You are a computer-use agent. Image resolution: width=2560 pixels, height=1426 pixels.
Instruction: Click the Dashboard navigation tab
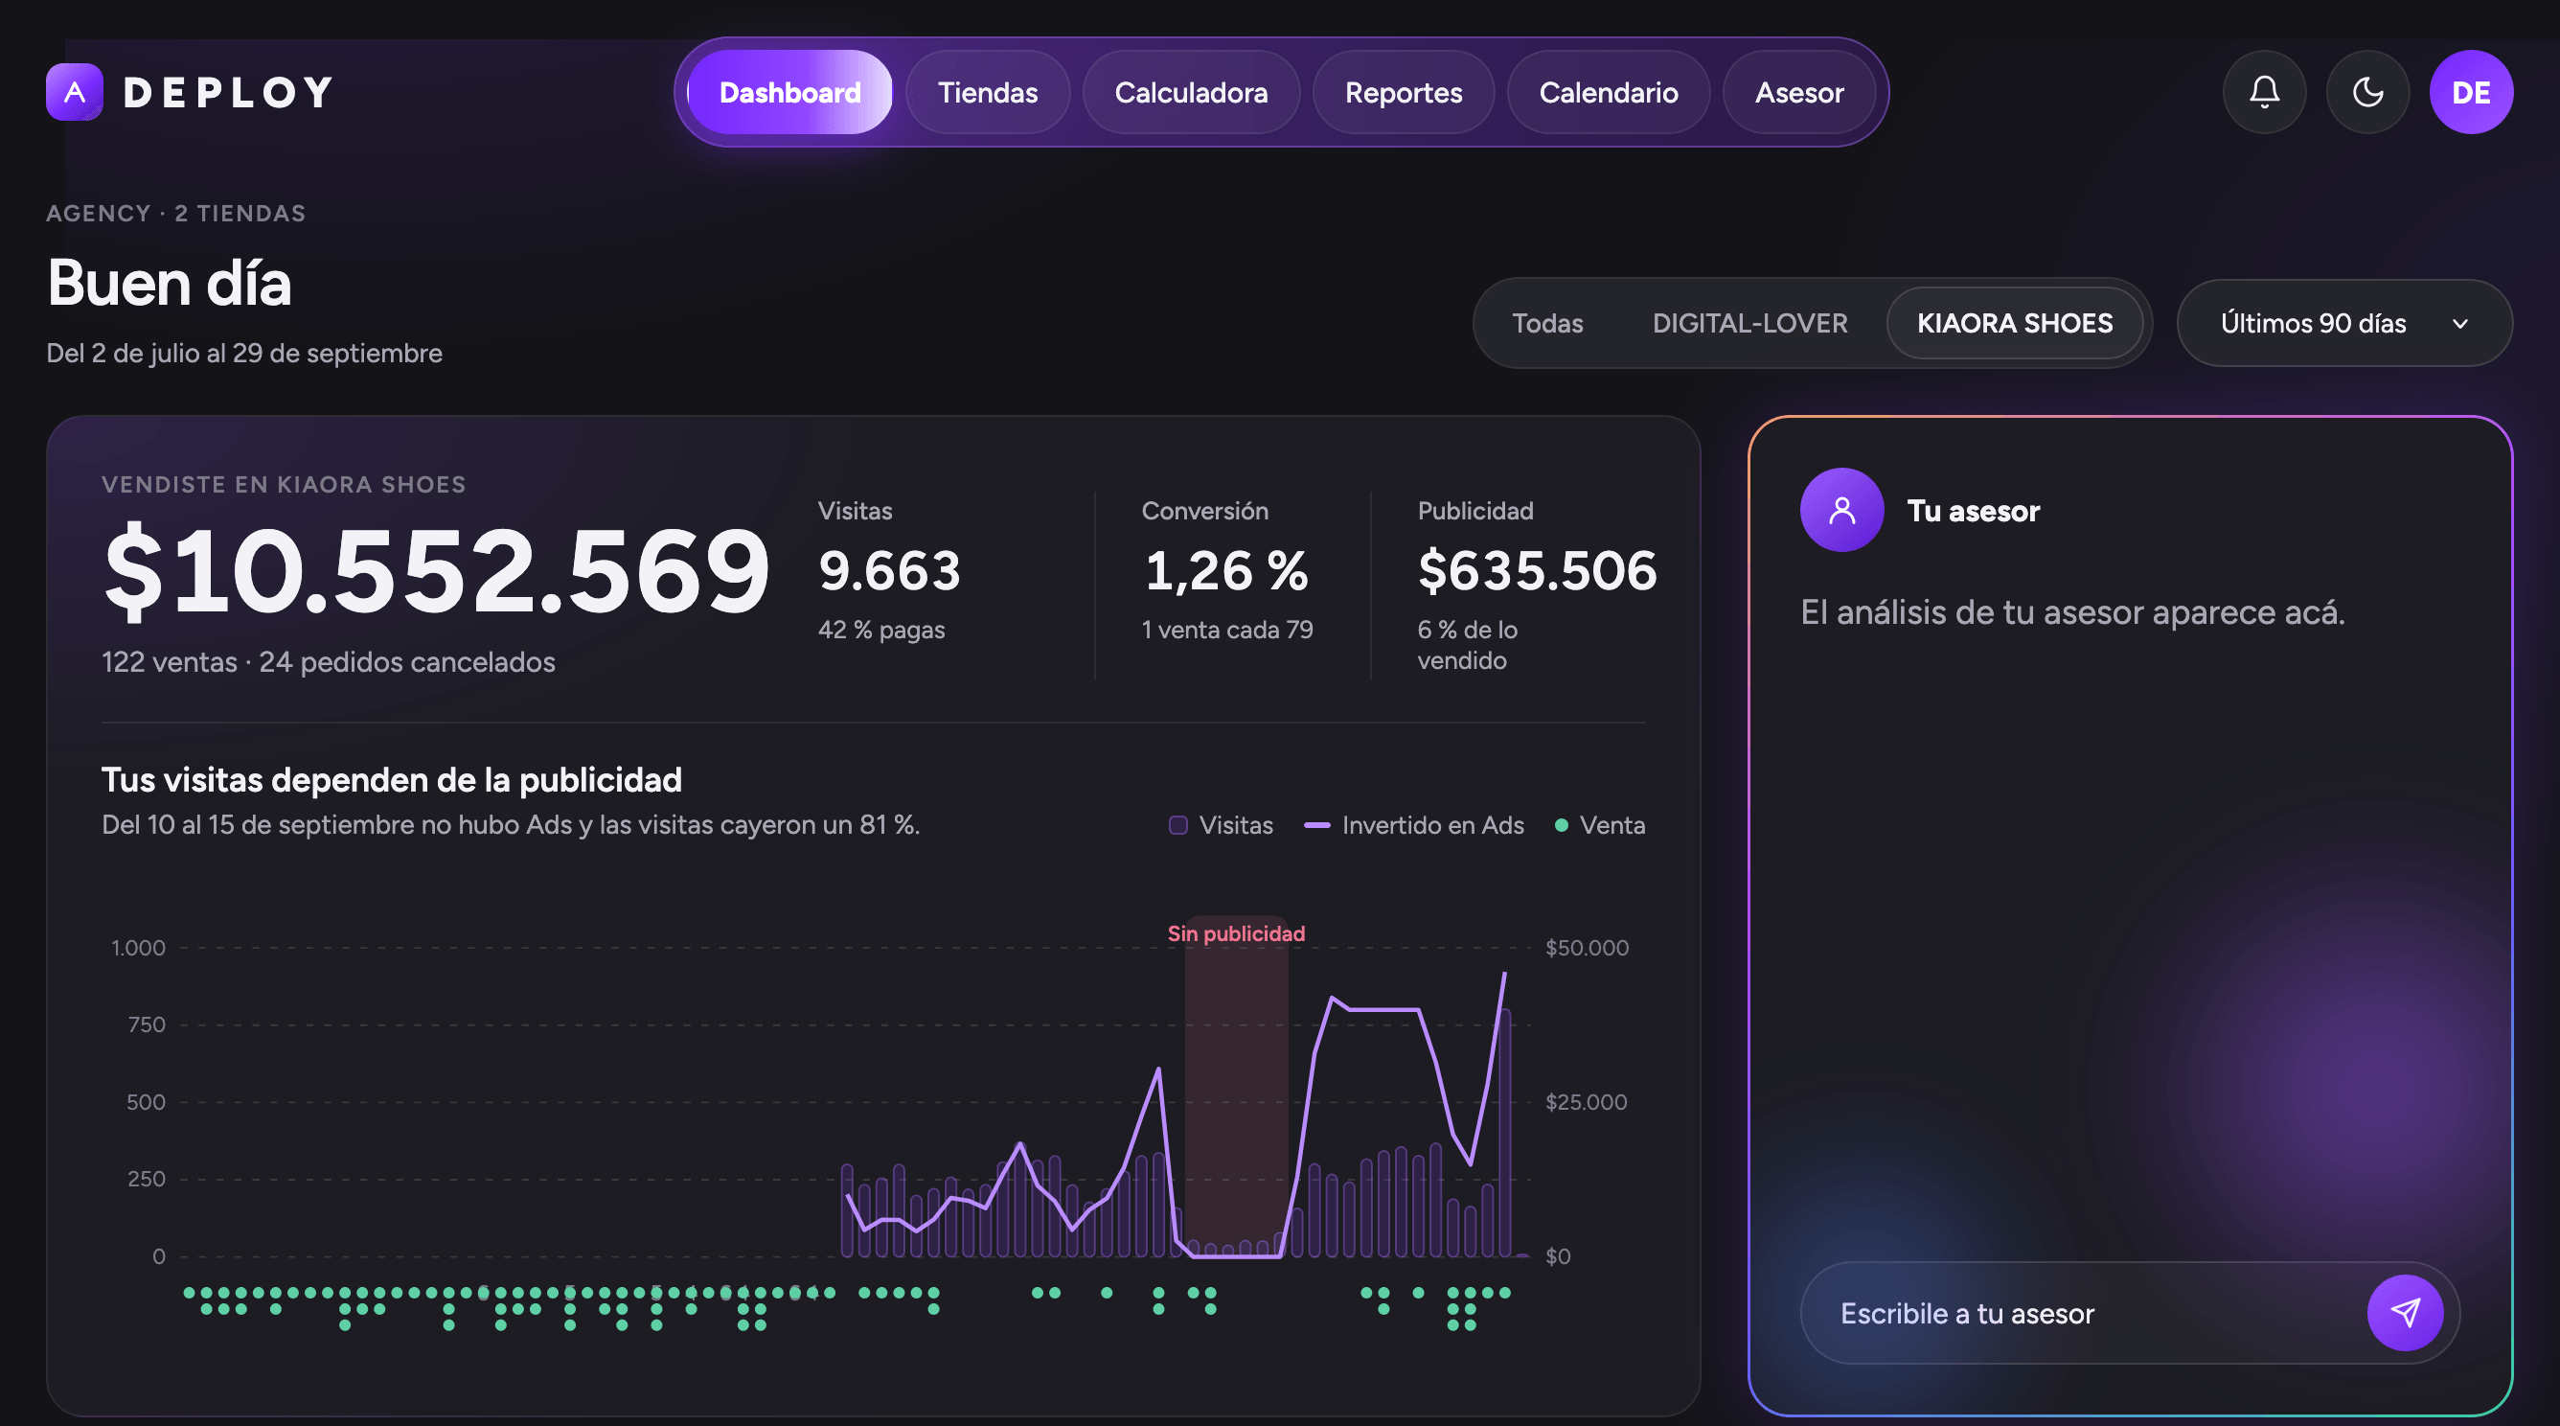click(790, 92)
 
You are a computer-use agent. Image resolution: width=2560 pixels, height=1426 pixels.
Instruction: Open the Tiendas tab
click(987, 92)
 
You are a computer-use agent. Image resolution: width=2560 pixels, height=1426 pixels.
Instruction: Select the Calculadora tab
click(1191, 92)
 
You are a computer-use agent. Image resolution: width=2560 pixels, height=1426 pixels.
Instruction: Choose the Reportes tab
click(1404, 92)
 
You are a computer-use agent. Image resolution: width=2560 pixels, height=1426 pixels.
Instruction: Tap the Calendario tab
click(1608, 92)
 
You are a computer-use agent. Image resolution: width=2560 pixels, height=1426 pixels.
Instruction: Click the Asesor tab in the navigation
click(1798, 92)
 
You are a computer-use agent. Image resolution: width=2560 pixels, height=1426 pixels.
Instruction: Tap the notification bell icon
click(2264, 92)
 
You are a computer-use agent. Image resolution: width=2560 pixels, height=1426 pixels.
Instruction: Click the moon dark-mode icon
click(2367, 92)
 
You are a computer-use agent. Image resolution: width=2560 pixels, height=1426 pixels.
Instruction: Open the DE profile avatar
click(2471, 92)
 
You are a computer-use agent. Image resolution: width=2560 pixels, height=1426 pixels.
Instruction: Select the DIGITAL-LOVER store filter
click(1749, 323)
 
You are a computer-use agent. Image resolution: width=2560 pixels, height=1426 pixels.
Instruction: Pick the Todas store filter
click(1547, 323)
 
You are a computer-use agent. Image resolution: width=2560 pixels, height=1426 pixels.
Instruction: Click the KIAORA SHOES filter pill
click(2015, 323)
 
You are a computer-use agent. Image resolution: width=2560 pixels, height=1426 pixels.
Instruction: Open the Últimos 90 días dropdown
click(2344, 323)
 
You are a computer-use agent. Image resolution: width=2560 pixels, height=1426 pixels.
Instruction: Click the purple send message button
click(2405, 1313)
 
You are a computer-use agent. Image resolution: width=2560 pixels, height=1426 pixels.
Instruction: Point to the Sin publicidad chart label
click(1236, 933)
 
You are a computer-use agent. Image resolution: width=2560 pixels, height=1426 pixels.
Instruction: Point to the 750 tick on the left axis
click(148, 1024)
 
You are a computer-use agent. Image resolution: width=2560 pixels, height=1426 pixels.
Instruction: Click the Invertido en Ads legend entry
click(1414, 825)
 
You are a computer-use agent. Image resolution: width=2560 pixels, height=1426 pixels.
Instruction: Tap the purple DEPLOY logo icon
click(75, 92)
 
